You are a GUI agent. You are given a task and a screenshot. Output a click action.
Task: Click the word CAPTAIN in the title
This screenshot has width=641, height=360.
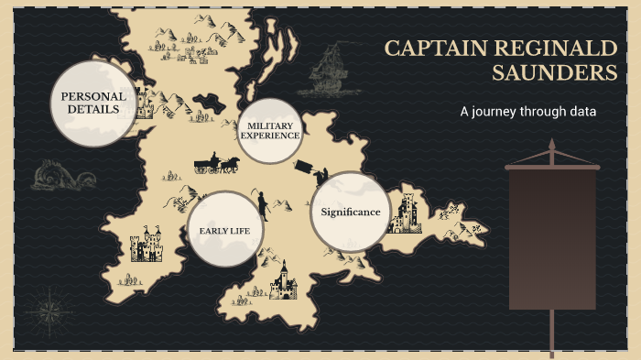click(x=429, y=49)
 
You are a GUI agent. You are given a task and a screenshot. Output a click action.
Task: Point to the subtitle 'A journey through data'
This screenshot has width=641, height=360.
click(x=527, y=113)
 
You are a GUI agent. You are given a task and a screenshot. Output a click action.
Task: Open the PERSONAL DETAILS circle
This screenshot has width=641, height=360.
click(x=92, y=103)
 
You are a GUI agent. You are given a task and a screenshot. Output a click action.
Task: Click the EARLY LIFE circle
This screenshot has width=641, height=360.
click(x=225, y=230)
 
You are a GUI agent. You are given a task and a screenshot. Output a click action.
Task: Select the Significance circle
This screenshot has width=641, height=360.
click(x=351, y=212)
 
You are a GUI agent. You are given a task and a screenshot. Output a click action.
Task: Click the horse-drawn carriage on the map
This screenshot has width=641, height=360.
click(x=216, y=164)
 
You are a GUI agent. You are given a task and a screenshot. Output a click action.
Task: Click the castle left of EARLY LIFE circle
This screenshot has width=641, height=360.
click(x=146, y=245)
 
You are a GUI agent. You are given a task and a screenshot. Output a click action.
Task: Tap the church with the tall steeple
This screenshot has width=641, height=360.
click(x=283, y=281)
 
